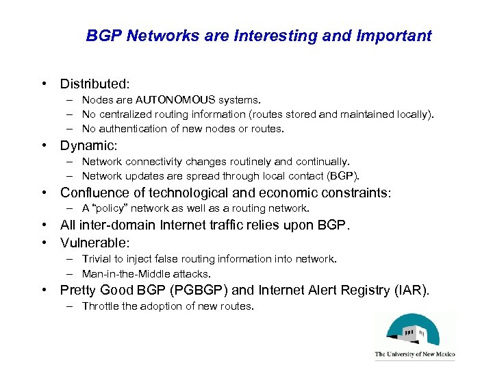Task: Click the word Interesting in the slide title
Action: [286, 36]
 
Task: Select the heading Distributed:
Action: [94, 84]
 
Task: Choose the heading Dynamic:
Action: [89, 146]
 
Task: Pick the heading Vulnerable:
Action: [95, 243]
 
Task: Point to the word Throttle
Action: [101, 306]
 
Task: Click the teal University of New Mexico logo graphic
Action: [414, 332]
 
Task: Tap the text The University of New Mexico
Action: [414, 355]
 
